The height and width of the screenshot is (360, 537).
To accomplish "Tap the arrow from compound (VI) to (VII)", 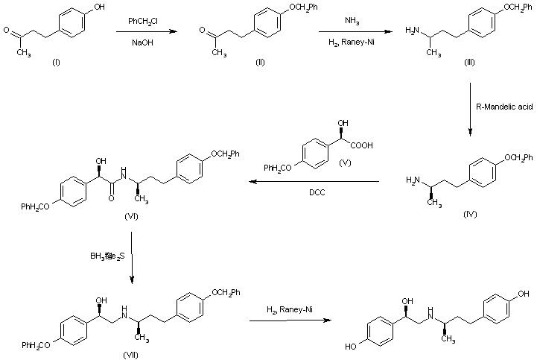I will click(131, 258).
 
